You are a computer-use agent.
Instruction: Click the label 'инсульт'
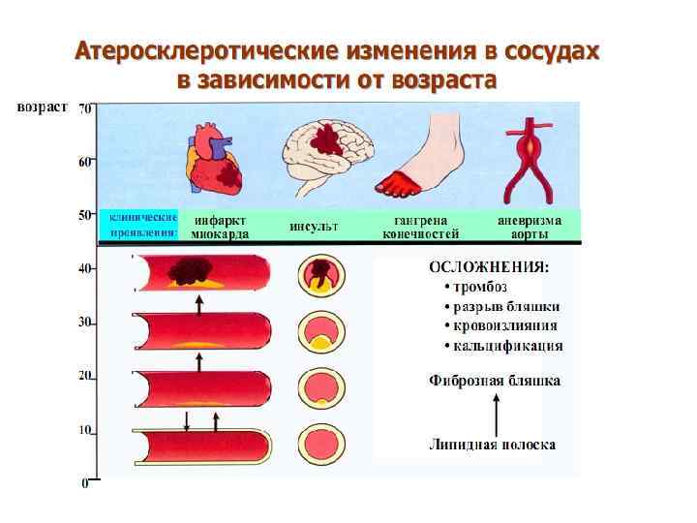(x=314, y=227)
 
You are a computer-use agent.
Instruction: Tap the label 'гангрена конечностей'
(x=420, y=227)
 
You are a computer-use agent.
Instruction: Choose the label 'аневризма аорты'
(x=524, y=227)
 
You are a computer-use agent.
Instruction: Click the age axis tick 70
(x=85, y=108)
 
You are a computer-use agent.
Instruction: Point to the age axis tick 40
(x=85, y=268)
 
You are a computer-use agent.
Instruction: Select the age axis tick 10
(x=85, y=429)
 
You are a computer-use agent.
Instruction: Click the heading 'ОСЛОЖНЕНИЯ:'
(x=490, y=265)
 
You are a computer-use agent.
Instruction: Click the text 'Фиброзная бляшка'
(x=494, y=381)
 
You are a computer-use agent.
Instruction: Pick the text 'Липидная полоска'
(x=492, y=445)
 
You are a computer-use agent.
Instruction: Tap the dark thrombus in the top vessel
(x=190, y=271)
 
